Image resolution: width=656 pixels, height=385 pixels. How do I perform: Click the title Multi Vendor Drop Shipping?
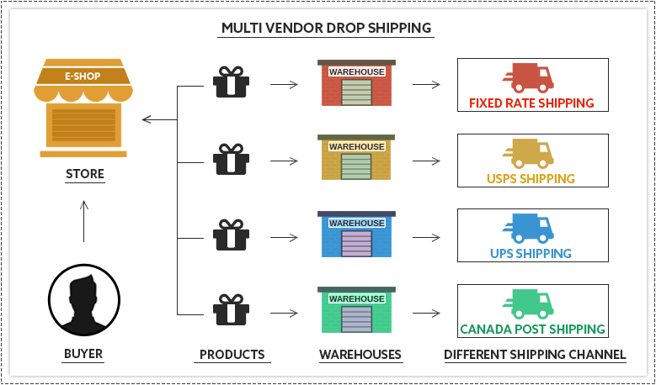(327, 28)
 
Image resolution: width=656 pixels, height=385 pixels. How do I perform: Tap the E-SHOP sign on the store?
(83, 76)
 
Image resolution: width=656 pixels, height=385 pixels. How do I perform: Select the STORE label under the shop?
(84, 175)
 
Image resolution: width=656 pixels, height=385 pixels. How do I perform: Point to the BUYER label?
(83, 354)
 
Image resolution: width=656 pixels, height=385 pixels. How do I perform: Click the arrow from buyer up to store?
(83, 221)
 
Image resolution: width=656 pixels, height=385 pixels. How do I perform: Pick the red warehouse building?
(356, 83)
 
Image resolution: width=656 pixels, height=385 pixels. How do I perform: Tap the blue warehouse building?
(356, 235)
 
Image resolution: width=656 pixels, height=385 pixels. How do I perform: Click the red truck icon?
(528, 78)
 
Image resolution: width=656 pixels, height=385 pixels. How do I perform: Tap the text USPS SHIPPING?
(531, 179)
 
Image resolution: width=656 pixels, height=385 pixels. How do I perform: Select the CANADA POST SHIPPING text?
(532, 330)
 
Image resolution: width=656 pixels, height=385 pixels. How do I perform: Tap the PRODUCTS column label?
(232, 355)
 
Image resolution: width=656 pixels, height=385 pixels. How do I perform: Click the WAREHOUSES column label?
(360, 355)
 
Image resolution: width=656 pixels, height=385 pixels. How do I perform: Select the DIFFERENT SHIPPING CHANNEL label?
(535, 355)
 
